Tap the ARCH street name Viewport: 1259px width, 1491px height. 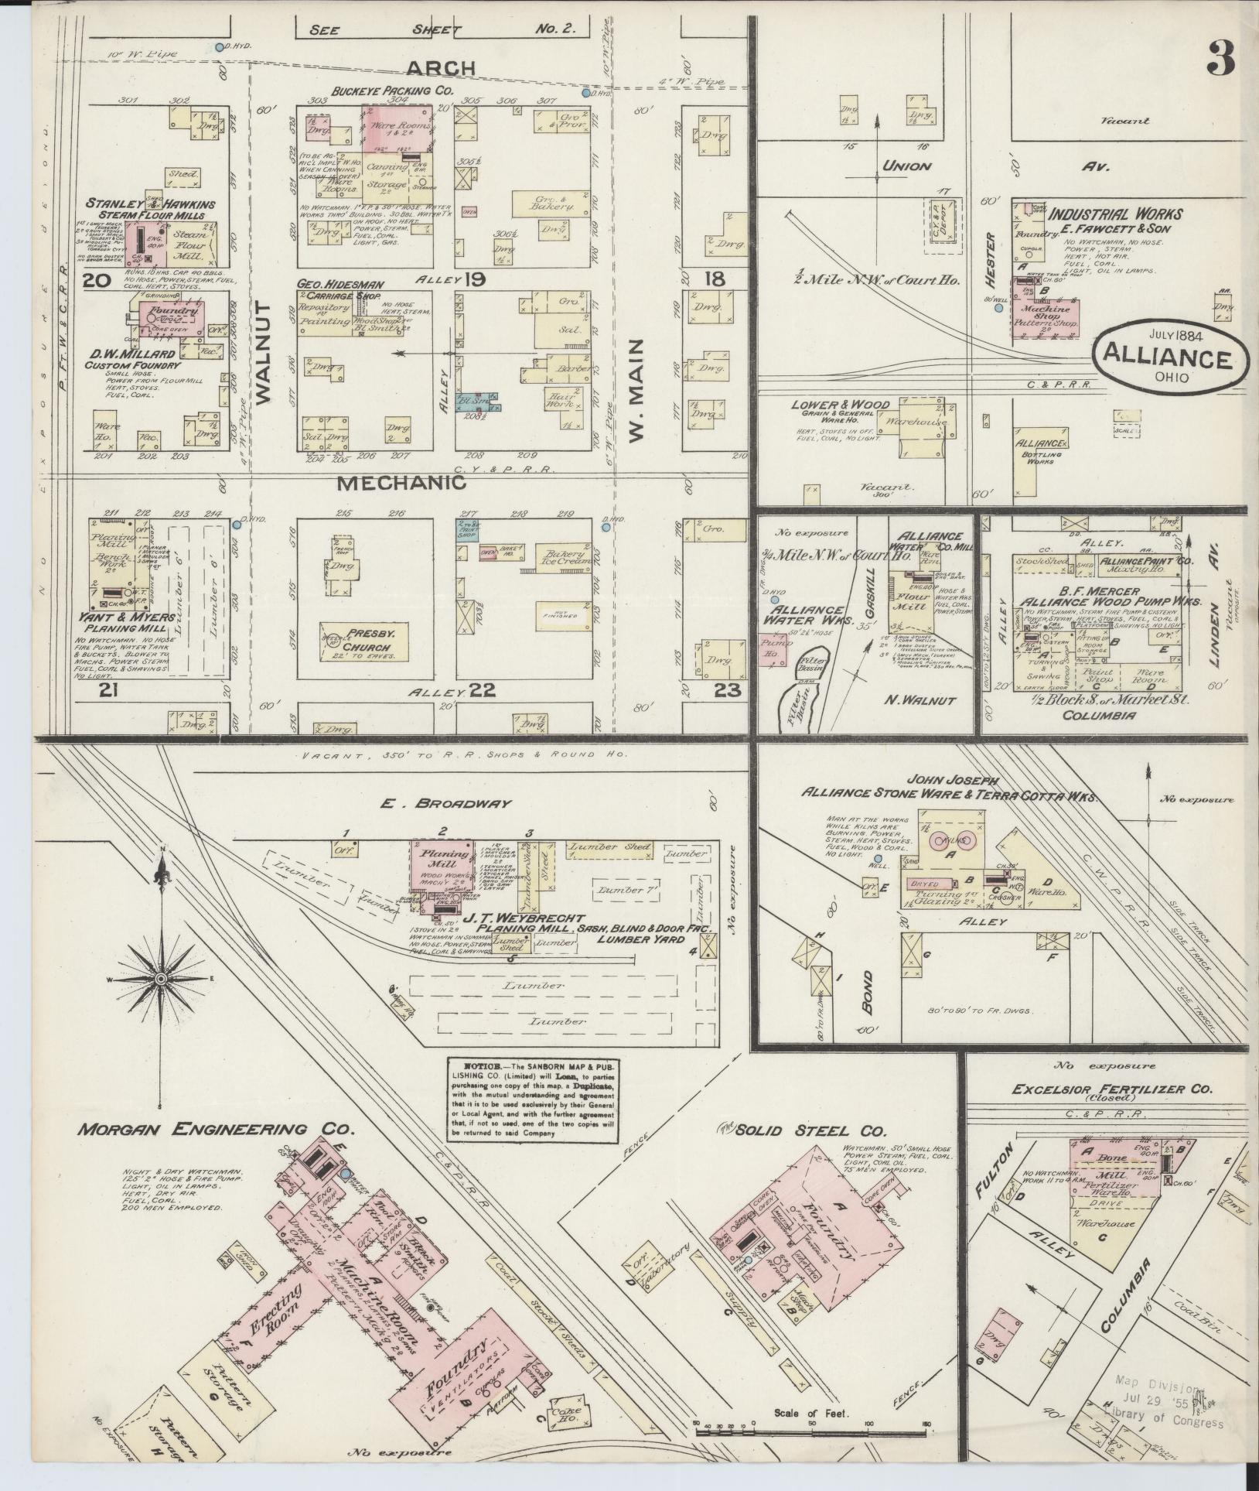[x=441, y=68]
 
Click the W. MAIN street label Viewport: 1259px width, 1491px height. [x=636, y=393]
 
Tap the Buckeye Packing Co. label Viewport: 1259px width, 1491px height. [x=391, y=91]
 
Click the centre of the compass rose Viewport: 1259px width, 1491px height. [x=162, y=979]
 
